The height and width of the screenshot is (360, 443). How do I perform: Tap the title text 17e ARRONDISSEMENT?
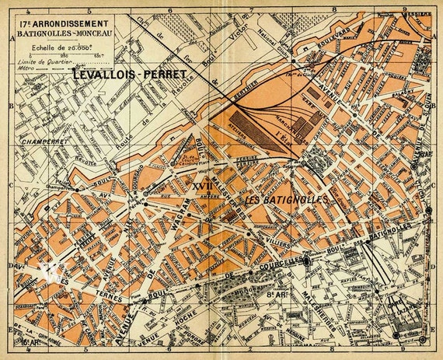65,23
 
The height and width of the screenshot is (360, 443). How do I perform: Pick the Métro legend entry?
31,68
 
